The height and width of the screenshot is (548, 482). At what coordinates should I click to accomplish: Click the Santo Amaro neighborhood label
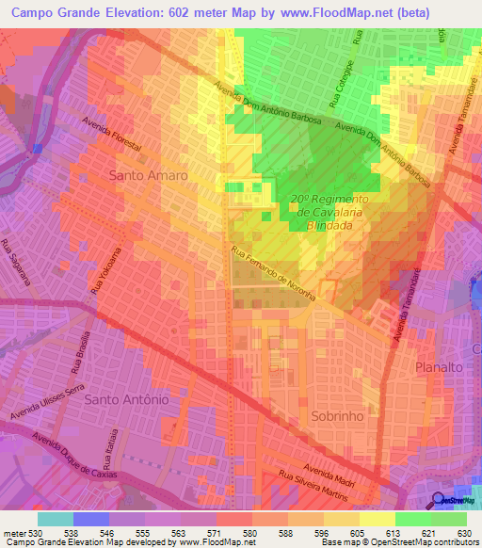[x=148, y=175]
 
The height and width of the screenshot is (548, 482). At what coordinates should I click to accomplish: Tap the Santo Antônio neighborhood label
[x=126, y=399]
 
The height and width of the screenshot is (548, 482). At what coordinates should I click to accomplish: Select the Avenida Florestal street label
[x=112, y=135]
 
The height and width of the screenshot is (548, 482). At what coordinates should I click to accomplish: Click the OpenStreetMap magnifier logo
[x=439, y=499]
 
